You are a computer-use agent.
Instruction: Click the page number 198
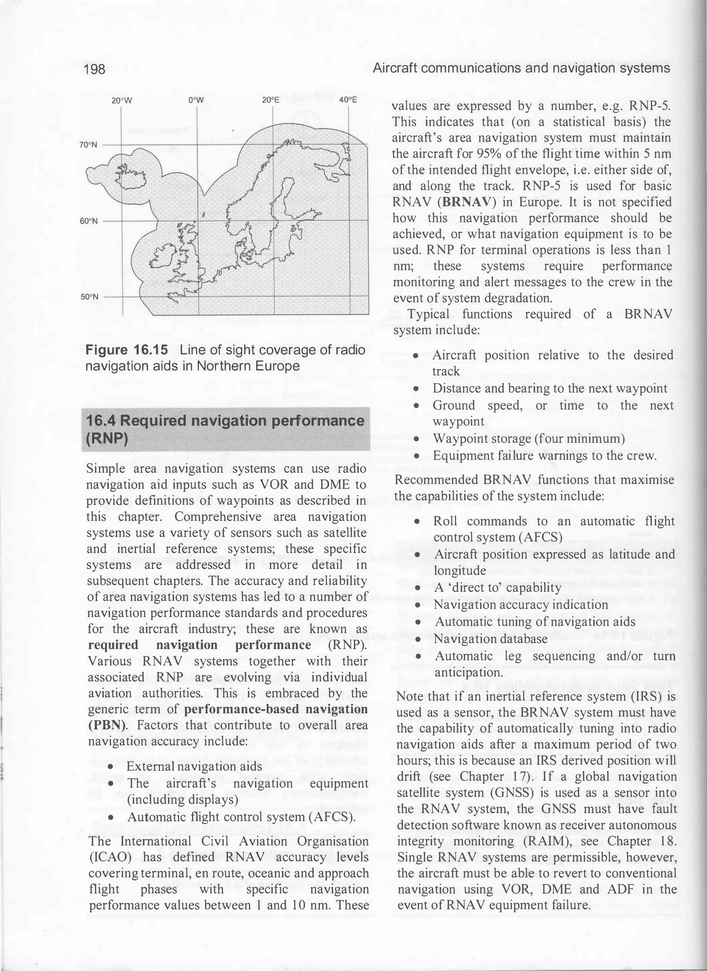[x=95, y=69]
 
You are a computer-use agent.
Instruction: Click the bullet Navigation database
[x=491, y=639]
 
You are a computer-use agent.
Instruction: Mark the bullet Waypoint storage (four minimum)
[x=529, y=439]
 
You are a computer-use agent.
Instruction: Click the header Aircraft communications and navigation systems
[x=521, y=68]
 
